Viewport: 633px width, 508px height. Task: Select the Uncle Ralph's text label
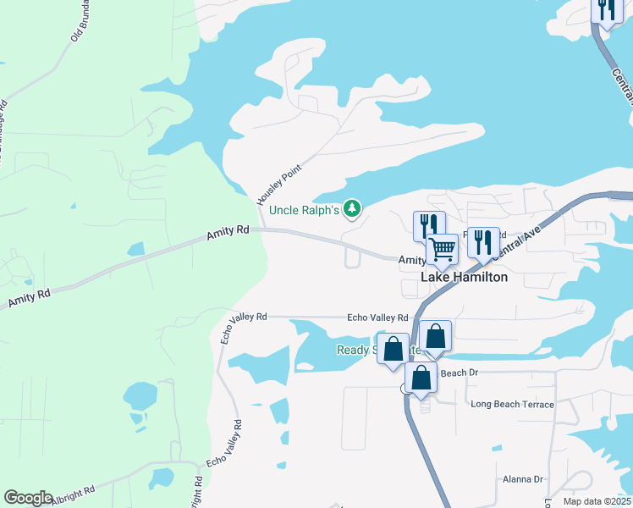click(x=305, y=210)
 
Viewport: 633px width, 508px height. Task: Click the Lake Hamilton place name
click(x=465, y=277)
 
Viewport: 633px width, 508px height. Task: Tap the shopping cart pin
click(x=442, y=249)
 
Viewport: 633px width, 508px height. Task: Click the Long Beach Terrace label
click(x=512, y=405)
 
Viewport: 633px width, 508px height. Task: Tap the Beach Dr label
click(x=460, y=373)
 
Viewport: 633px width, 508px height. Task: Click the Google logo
click(x=28, y=498)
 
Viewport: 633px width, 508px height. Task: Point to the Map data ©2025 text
click(x=597, y=501)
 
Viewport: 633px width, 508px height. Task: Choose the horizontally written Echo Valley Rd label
click(x=377, y=317)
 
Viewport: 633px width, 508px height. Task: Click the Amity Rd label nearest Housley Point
click(x=228, y=232)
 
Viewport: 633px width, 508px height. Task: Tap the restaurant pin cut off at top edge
click(x=606, y=10)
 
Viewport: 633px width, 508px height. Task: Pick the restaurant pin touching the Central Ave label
click(x=483, y=242)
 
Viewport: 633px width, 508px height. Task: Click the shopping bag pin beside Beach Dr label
click(x=421, y=378)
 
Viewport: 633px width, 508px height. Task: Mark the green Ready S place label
click(x=364, y=350)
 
